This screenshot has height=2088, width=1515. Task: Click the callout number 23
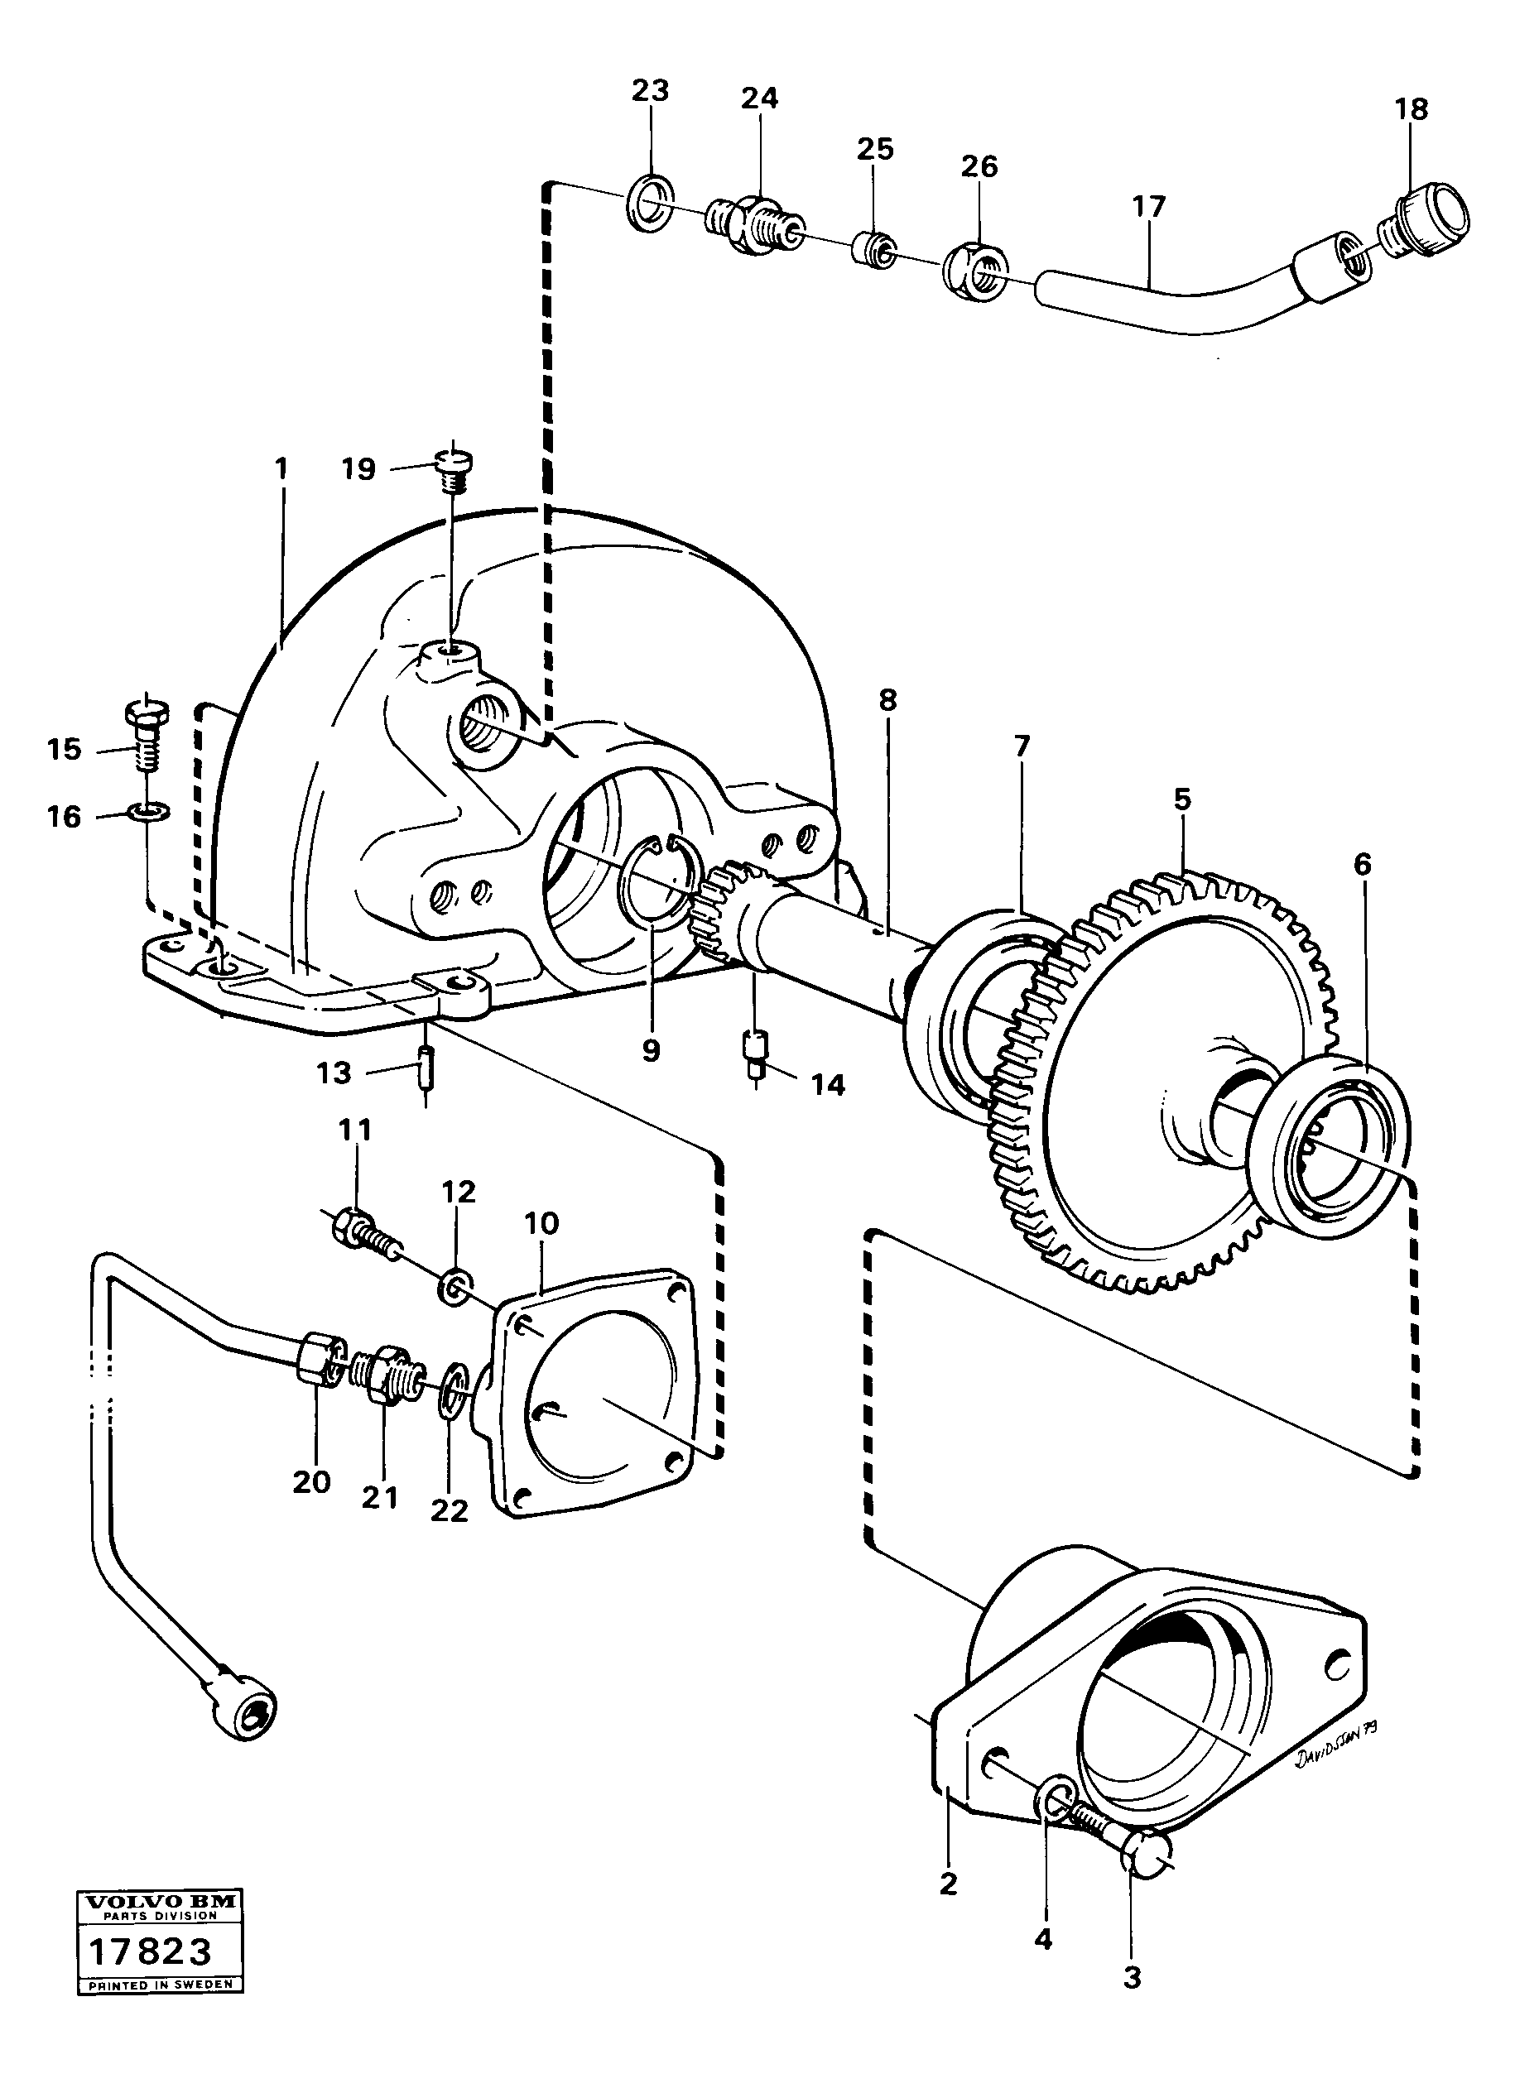point(649,90)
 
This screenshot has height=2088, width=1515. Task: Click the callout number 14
point(827,1086)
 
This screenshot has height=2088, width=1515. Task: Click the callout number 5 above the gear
point(1182,799)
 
